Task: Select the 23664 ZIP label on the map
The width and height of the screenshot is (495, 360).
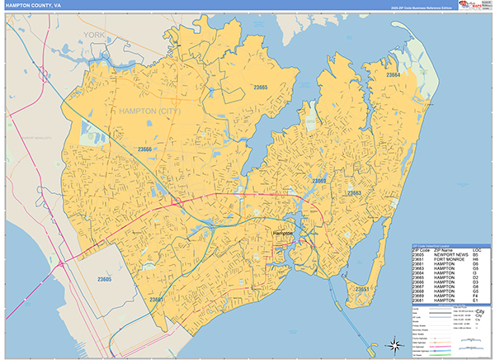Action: pos(393,75)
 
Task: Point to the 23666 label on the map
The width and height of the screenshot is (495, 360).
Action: pos(144,149)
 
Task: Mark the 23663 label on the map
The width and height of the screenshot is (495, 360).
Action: pos(353,193)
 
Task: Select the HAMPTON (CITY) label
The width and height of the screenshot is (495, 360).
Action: pos(150,110)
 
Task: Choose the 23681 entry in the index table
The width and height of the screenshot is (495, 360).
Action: pos(421,301)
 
